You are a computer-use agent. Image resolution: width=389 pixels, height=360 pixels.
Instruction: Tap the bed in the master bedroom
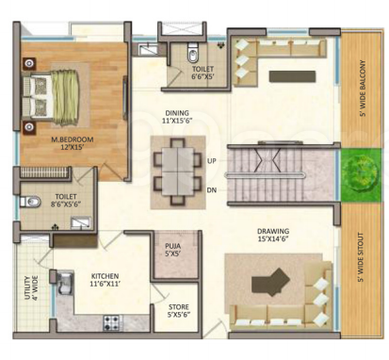click(x=57, y=93)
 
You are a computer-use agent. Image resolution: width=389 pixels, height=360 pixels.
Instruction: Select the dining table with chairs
click(x=177, y=171)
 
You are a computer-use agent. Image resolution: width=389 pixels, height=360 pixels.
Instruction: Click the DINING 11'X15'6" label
click(x=175, y=116)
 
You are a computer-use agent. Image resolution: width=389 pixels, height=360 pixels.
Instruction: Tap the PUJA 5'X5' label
click(x=172, y=251)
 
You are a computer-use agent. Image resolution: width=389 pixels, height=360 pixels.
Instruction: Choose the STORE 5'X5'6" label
click(x=178, y=310)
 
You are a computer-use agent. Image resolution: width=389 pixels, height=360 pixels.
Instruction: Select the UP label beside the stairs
click(x=213, y=161)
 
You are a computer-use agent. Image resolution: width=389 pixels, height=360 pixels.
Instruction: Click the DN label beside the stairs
click(x=213, y=189)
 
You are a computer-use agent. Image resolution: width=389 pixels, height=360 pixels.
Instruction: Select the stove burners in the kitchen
click(x=112, y=322)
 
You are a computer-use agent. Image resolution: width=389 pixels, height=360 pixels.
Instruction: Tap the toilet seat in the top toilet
click(x=191, y=52)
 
